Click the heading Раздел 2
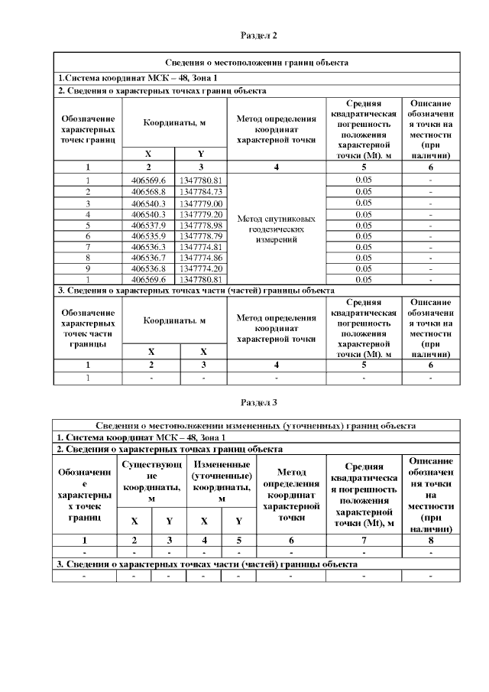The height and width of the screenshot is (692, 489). (x=258, y=35)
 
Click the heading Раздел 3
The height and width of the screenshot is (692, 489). (x=258, y=401)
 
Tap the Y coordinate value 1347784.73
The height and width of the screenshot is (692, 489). (x=201, y=191)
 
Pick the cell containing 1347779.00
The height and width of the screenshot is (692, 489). (x=201, y=203)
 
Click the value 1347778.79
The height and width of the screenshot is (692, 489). (x=201, y=236)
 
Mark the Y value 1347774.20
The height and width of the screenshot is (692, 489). (x=201, y=269)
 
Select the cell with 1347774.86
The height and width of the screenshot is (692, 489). (x=201, y=258)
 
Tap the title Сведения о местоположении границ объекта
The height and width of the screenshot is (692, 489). (x=257, y=63)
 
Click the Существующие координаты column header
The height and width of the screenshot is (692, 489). (x=151, y=480)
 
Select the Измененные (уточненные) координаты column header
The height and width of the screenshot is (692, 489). (x=222, y=480)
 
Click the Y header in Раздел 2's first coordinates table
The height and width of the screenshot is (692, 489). (x=201, y=153)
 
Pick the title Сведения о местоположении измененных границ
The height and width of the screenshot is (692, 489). (x=257, y=425)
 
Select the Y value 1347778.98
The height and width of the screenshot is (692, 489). (x=201, y=225)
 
